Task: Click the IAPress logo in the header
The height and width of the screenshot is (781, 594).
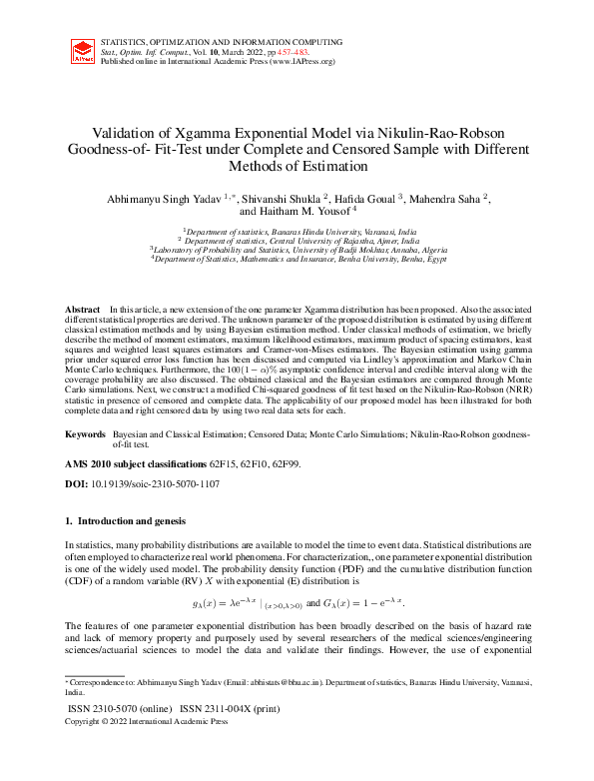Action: pos(84,52)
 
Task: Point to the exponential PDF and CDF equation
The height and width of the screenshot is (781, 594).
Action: pos(297,603)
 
